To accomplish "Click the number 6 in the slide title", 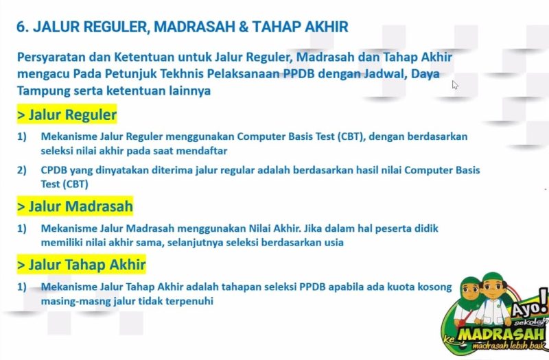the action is tap(21, 27).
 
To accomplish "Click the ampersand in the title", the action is tap(243, 27).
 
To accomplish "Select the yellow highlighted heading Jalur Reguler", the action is tap(67, 115).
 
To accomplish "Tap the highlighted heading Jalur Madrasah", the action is tap(75, 206).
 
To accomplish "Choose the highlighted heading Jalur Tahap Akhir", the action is tap(81, 264).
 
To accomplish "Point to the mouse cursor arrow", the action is tap(455, 84).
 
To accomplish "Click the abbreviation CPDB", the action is tap(54, 170).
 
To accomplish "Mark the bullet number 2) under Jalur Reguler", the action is tap(22, 170).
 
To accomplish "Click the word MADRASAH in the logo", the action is tap(501, 335).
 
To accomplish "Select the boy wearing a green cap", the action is tap(493, 298).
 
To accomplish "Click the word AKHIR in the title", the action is tap(327, 27).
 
